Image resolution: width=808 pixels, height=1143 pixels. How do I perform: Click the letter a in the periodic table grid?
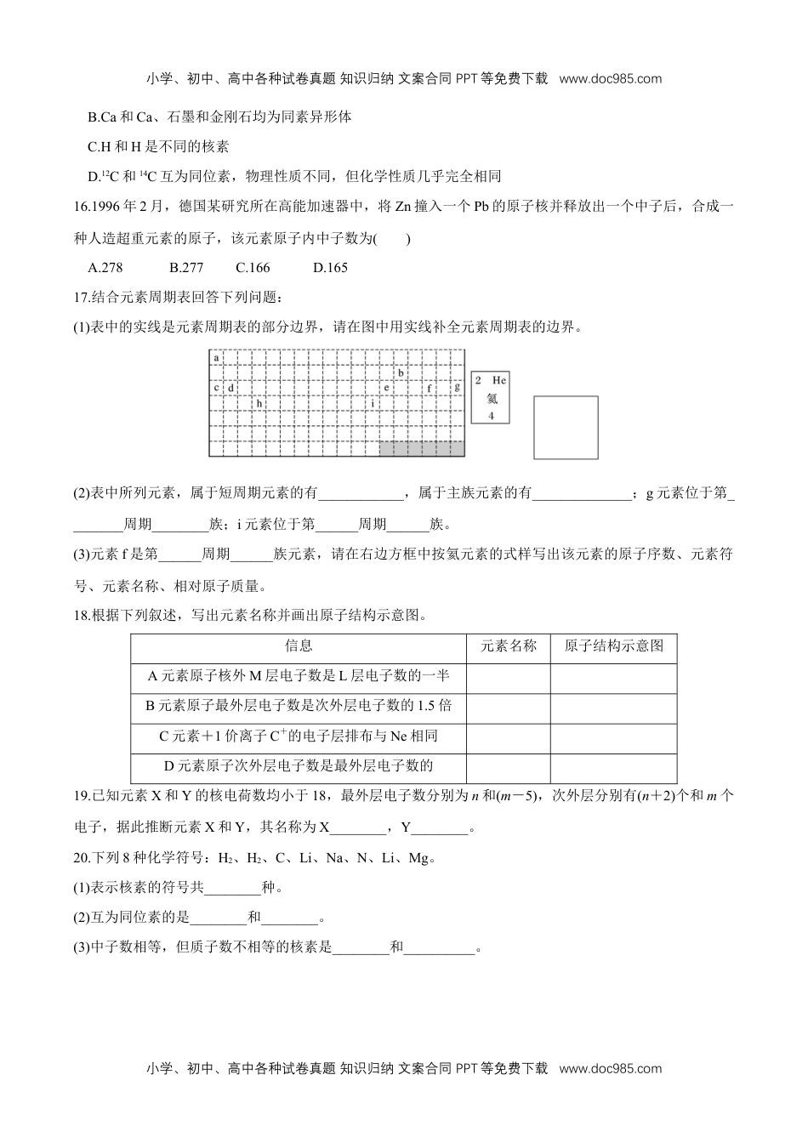[216, 358]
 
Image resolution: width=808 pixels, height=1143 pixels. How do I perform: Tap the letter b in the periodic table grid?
[401, 372]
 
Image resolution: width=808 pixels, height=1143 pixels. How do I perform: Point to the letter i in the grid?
[372, 403]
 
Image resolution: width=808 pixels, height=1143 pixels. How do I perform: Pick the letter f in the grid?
[430, 388]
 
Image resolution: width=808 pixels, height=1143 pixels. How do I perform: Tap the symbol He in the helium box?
[499, 380]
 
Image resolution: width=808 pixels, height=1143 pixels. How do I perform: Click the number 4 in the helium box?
[491, 416]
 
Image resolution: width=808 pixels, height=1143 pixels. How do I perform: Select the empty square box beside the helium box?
[566, 427]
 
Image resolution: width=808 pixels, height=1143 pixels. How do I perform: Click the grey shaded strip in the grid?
[422, 448]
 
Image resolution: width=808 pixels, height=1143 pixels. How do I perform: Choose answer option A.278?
[105, 268]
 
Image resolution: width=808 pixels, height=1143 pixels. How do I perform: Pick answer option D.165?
[330, 268]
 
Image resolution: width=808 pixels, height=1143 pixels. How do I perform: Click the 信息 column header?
[299, 646]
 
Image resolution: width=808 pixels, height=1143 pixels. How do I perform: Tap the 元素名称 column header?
[509, 646]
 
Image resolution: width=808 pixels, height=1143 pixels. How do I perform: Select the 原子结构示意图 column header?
[613, 646]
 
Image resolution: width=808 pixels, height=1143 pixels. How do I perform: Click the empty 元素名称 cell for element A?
[509, 677]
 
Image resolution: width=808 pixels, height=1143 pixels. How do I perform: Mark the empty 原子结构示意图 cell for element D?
[613, 766]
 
